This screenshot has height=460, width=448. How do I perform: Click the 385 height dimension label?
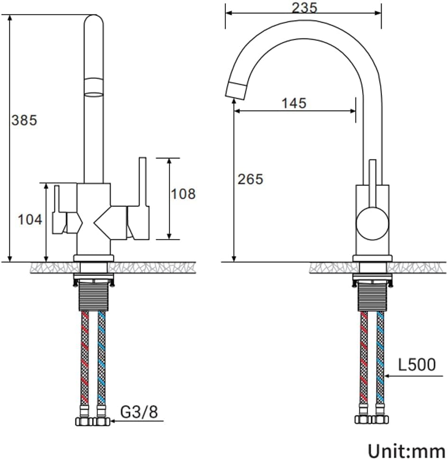tap(24, 120)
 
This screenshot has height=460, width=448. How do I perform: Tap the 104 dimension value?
tap(30, 219)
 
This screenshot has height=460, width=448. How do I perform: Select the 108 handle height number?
tap(182, 193)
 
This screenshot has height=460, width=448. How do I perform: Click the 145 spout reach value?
tap(294, 102)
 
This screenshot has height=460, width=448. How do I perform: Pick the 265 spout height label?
tap(250, 179)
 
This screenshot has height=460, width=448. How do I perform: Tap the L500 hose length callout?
tap(417, 365)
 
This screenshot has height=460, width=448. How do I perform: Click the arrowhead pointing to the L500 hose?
tap(388, 376)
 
